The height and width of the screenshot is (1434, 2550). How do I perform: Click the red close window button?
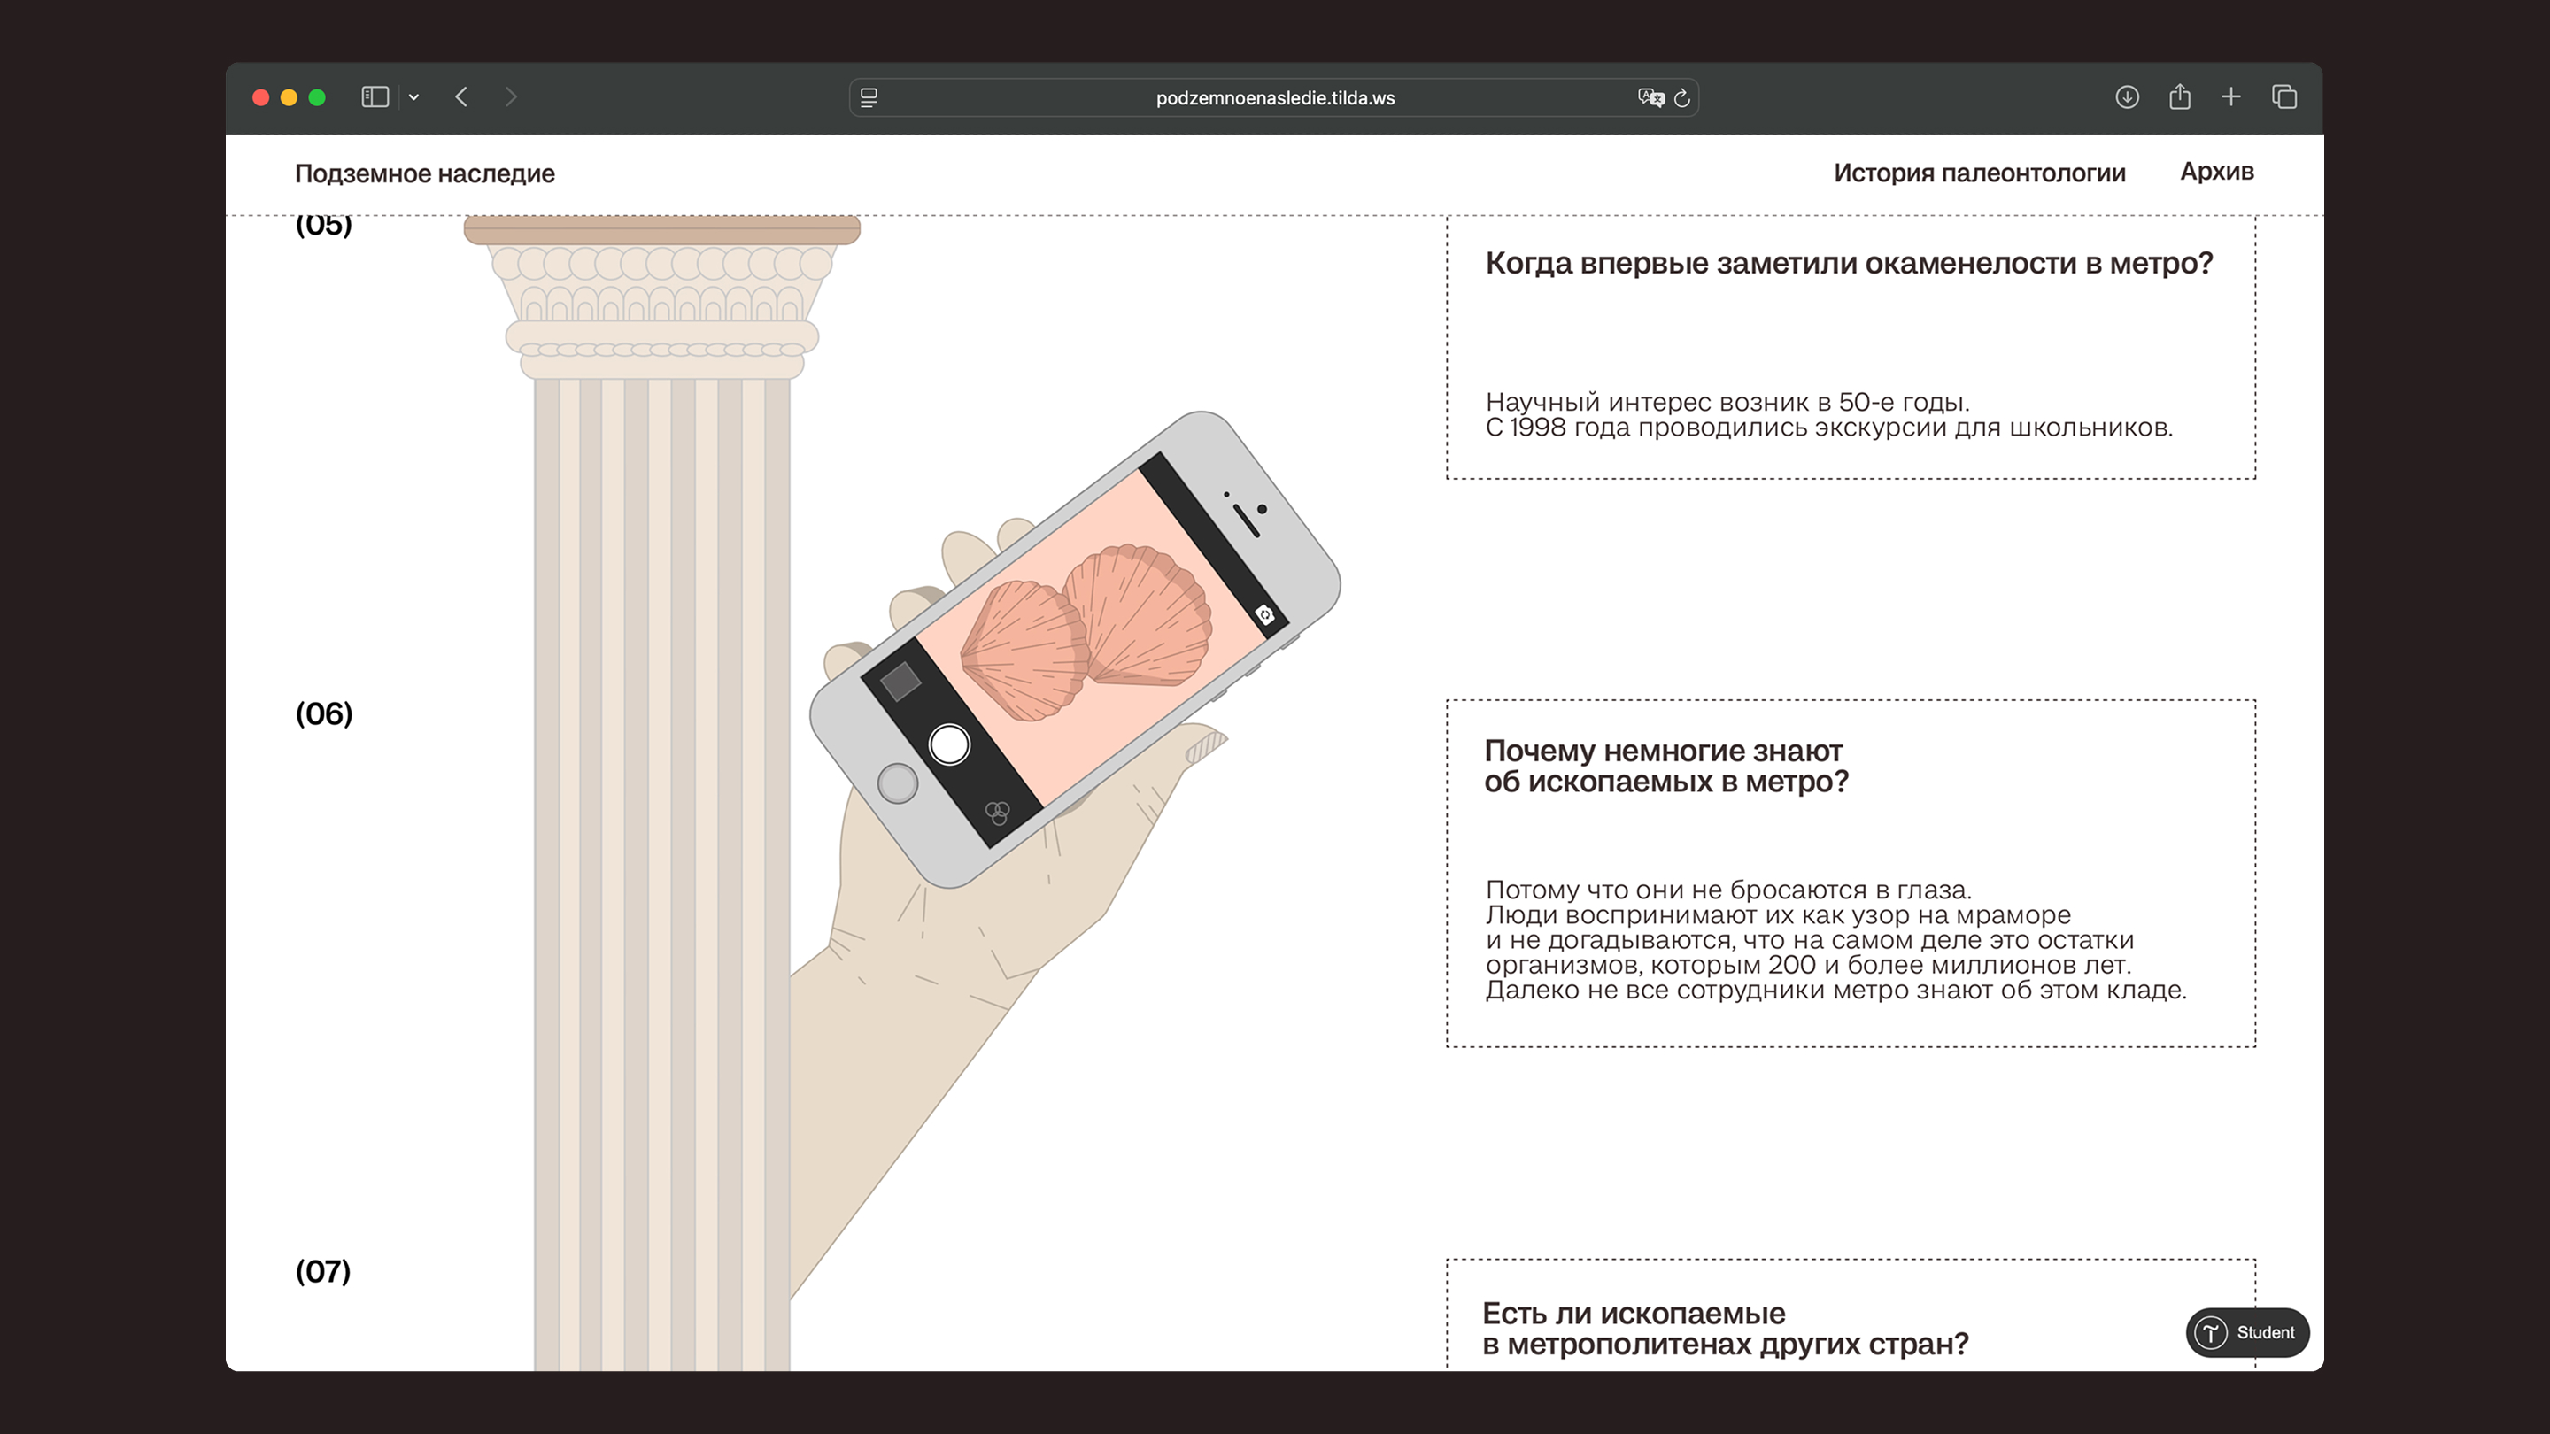click(x=261, y=97)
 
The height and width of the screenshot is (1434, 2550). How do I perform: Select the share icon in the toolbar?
click(x=2180, y=96)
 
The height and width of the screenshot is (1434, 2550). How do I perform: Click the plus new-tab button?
click(x=2231, y=97)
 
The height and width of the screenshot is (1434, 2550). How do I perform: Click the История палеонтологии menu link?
click(x=1980, y=173)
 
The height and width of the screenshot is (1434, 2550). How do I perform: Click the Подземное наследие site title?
click(x=425, y=174)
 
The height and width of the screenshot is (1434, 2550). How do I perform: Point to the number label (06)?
click(x=324, y=713)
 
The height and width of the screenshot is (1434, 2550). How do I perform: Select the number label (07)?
click(x=322, y=1271)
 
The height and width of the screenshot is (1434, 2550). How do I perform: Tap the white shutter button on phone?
click(x=949, y=744)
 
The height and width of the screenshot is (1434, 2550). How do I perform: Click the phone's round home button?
click(x=898, y=783)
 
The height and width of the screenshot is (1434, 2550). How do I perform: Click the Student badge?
click(x=2247, y=1332)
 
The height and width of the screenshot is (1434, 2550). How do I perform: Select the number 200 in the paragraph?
click(x=1792, y=965)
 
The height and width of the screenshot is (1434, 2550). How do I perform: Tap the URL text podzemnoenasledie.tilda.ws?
click(x=1275, y=98)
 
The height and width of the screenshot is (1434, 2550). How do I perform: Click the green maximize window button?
click(x=317, y=97)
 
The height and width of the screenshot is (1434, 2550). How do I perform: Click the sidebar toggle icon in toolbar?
click(x=375, y=97)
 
